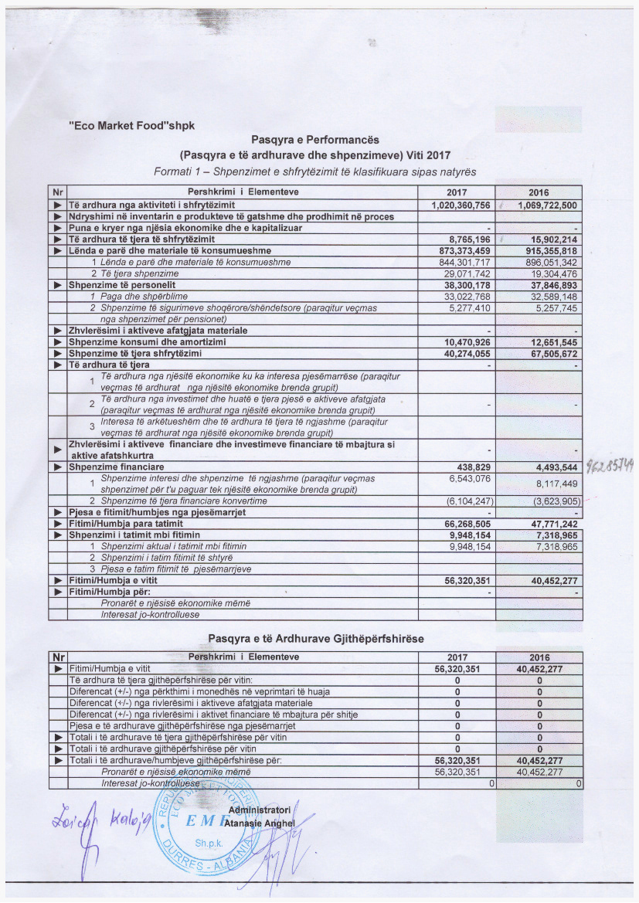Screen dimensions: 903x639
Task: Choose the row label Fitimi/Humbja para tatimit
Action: (121, 524)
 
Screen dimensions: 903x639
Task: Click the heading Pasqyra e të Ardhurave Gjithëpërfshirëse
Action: (316, 639)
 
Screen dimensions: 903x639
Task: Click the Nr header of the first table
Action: (56, 192)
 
